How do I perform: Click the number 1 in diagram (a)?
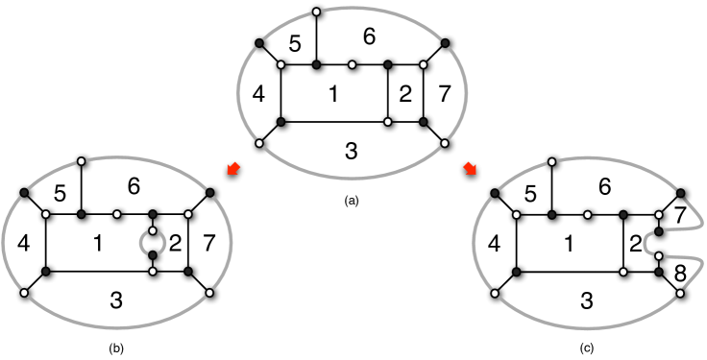[333, 94]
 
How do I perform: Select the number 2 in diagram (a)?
[404, 94]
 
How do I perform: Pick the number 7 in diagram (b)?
[210, 244]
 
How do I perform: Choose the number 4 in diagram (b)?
[23, 244]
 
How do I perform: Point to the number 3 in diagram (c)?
[586, 299]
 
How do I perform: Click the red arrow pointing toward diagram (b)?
[232, 170]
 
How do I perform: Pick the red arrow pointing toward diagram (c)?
[470, 170]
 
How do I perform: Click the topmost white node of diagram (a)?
[318, 13]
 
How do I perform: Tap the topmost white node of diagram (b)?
[82, 160]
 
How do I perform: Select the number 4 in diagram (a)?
[256, 95]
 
